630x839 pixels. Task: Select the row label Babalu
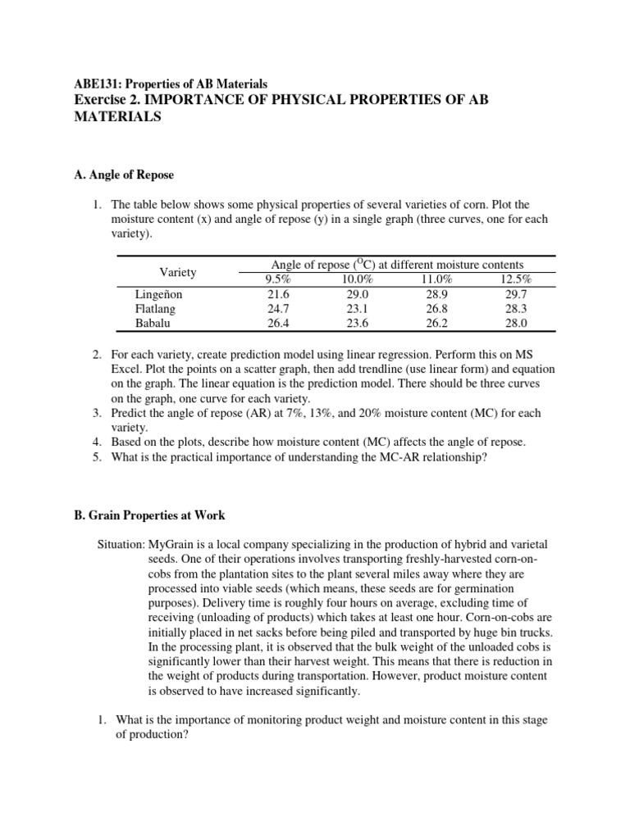coord(153,323)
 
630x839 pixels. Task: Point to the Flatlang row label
coord(155,308)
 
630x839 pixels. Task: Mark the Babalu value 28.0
coord(517,323)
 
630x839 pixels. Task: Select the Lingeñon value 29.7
coord(517,293)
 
